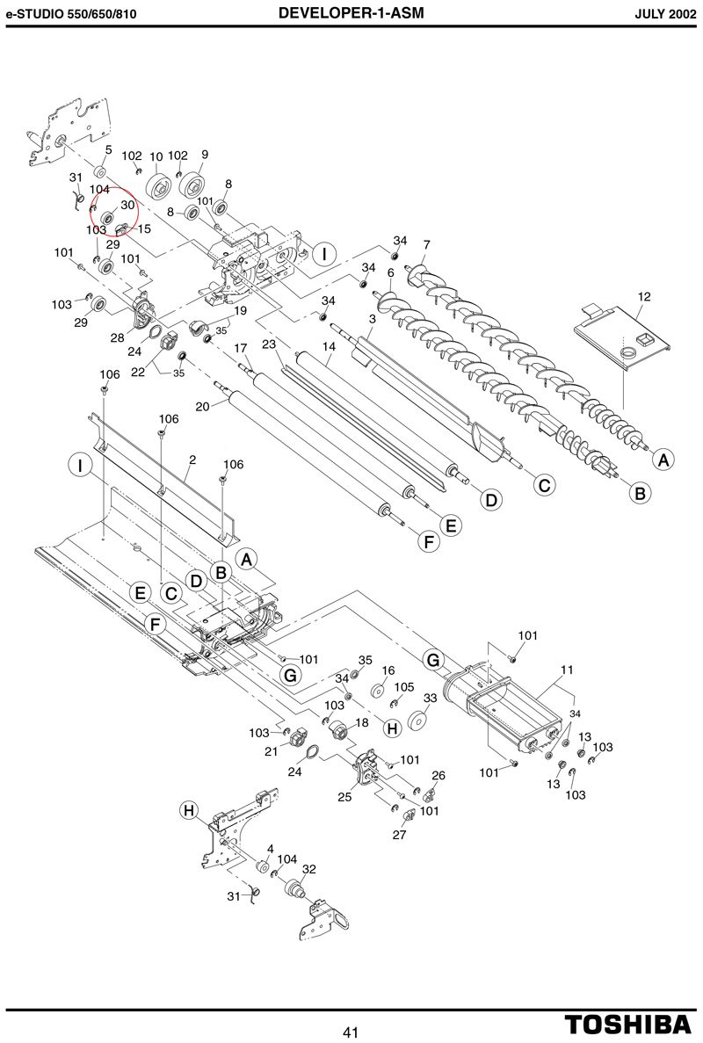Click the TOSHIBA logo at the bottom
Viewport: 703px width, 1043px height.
click(x=628, y=1023)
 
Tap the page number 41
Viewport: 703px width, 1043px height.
click(x=351, y=1032)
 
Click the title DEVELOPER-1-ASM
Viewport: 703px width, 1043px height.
click(x=351, y=12)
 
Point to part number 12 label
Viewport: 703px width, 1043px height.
click(x=644, y=296)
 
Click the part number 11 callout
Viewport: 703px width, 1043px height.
click(x=567, y=670)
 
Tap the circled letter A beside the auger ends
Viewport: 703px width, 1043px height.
click(x=663, y=459)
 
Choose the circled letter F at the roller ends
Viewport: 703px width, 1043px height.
click(x=428, y=542)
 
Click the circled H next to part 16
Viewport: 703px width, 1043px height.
click(x=393, y=728)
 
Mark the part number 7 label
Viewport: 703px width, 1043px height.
click(x=426, y=245)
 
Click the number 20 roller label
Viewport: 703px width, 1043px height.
click(x=203, y=405)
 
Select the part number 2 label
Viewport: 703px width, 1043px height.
click(x=192, y=459)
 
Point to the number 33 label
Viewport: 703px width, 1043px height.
click(x=431, y=698)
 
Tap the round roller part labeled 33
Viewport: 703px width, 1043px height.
click(x=417, y=721)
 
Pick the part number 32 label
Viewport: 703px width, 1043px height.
click(x=309, y=869)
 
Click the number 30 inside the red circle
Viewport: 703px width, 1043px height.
click(x=127, y=205)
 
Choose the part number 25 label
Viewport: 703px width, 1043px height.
click(x=344, y=796)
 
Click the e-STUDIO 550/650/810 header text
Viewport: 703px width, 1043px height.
click(x=71, y=14)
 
